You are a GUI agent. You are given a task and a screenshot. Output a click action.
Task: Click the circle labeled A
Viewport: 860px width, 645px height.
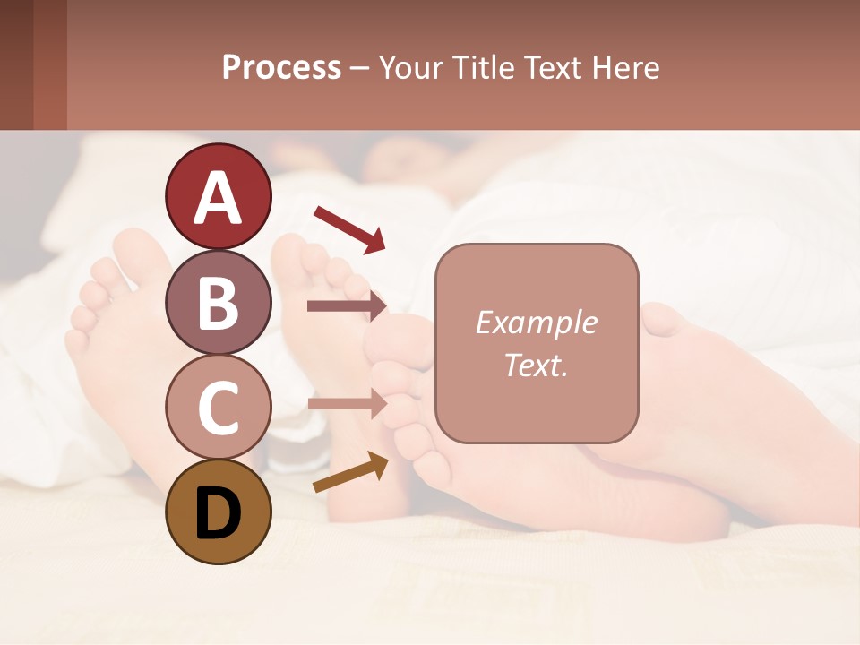tap(218, 196)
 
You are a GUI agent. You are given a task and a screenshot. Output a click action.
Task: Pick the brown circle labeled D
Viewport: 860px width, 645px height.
tap(218, 512)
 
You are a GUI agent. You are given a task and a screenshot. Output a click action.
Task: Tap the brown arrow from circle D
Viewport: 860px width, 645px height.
tap(350, 472)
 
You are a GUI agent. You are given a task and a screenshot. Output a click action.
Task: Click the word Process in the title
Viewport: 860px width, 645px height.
tap(281, 68)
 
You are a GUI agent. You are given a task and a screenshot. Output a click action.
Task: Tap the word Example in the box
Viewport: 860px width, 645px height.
tap(536, 322)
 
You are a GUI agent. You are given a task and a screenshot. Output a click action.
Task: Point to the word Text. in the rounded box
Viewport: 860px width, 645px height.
tap(536, 365)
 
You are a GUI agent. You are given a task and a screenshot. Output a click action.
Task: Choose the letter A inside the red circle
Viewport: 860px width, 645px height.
tap(218, 198)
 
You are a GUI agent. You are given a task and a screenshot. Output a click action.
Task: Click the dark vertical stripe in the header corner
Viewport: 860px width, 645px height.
tap(50, 64)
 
